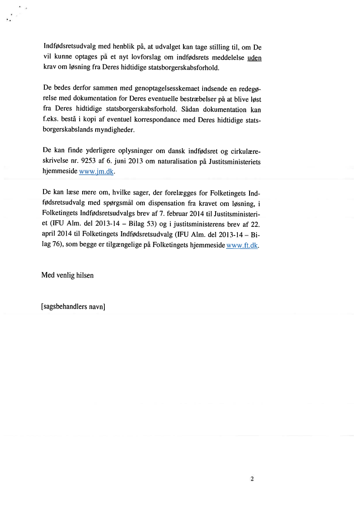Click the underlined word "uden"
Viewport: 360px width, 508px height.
[254, 58]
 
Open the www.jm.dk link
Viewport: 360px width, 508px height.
[96, 172]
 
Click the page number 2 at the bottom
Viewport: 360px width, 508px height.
[252, 479]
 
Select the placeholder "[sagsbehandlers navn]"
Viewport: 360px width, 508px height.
[73, 306]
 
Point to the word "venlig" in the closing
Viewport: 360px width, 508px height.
[67, 276]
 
